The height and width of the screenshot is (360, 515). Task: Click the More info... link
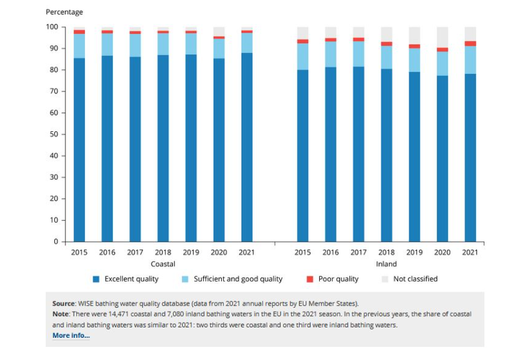point(71,335)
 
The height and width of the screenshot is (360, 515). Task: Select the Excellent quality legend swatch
point(96,279)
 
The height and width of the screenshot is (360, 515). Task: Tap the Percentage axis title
point(64,12)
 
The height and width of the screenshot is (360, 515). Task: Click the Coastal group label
point(163,264)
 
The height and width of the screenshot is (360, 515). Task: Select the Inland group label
point(386,264)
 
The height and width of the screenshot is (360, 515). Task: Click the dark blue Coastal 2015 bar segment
point(80,150)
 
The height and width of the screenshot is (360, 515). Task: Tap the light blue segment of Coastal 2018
point(163,44)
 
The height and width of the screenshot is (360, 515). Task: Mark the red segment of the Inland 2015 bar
point(303,41)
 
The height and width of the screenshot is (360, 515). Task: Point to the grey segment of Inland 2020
point(443,37)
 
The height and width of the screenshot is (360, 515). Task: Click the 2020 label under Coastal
point(219,252)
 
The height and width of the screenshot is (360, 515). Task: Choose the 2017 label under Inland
point(358,252)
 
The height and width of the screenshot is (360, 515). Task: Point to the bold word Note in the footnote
point(61,314)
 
